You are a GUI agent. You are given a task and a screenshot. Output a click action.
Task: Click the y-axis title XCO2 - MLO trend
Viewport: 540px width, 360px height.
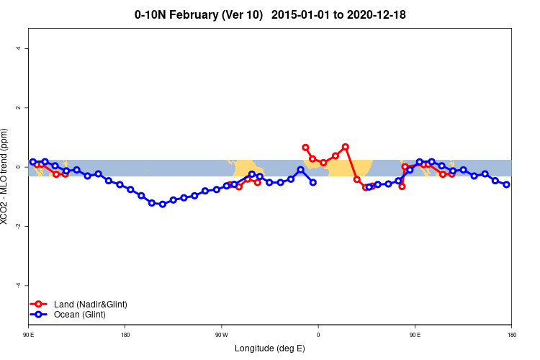click(6, 177)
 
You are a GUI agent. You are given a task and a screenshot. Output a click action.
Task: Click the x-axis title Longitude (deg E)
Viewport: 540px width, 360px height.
click(270, 348)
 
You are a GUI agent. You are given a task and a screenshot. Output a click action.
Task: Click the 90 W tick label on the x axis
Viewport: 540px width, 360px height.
click(221, 335)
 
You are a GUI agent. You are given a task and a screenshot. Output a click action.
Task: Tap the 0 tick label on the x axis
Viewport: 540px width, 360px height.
click(318, 335)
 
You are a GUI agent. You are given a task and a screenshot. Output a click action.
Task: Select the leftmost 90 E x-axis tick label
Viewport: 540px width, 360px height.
click(29, 335)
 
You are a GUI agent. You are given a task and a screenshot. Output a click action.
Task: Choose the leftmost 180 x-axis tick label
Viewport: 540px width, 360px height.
click(125, 335)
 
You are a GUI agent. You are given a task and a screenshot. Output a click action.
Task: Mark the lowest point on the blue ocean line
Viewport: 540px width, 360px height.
click(163, 204)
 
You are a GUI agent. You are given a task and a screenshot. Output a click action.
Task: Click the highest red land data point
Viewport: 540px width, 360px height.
click(346, 147)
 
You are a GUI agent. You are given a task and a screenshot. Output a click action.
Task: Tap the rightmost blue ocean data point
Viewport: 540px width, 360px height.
click(506, 185)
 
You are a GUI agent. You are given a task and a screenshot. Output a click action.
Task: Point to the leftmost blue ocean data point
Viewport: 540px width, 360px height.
click(33, 162)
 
